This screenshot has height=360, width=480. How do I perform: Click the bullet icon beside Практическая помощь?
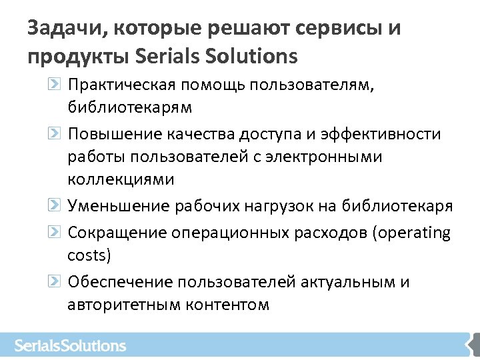tap(56, 85)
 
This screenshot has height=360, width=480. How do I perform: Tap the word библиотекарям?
tap(129, 107)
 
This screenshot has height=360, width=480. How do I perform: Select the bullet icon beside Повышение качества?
tap(56, 134)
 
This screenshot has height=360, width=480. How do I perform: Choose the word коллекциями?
tap(121, 179)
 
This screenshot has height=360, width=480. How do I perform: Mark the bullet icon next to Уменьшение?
tap(56, 206)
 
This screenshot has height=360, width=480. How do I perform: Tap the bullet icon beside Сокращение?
tap(56, 232)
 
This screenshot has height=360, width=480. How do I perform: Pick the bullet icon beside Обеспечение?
tap(56, 281)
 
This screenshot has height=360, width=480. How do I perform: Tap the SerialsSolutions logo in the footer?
tap(70, 345)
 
